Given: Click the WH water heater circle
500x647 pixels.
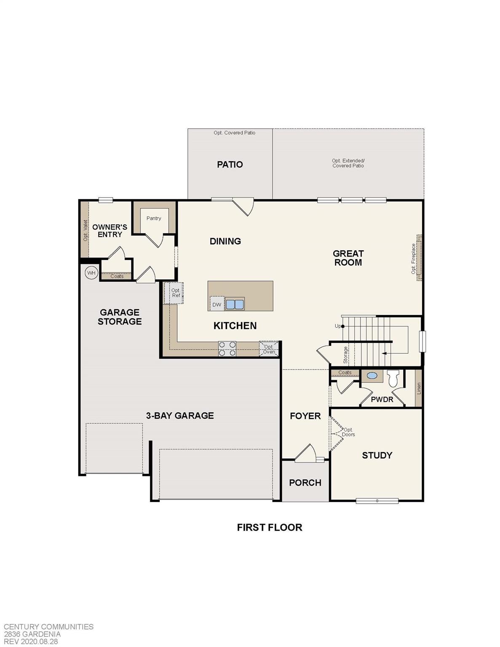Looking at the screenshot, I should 91,273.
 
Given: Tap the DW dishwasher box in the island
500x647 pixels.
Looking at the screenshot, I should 217,304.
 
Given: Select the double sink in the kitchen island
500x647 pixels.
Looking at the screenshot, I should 235,304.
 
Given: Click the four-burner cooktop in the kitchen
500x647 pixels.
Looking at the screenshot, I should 227,349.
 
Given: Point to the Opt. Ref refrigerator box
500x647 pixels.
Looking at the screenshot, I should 176,293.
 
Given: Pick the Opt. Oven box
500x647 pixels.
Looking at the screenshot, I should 269,349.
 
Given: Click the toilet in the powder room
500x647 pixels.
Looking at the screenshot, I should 393,378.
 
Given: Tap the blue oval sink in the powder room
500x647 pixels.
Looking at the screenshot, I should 372,376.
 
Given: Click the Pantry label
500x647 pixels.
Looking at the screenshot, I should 154,218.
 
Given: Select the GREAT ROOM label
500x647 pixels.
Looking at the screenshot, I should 348,258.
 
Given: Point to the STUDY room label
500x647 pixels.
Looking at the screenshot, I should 377,455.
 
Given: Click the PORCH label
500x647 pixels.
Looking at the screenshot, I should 305,483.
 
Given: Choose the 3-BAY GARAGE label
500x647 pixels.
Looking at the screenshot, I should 180,416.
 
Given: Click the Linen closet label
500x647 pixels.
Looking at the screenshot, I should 419,388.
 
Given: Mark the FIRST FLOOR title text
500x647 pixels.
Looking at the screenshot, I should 270,527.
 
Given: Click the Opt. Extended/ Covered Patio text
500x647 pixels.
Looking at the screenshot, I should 348,163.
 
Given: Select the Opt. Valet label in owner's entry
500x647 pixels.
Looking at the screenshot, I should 85,230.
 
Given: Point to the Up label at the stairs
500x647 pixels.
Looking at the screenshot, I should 338,326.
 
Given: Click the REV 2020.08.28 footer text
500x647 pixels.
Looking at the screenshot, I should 31,642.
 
